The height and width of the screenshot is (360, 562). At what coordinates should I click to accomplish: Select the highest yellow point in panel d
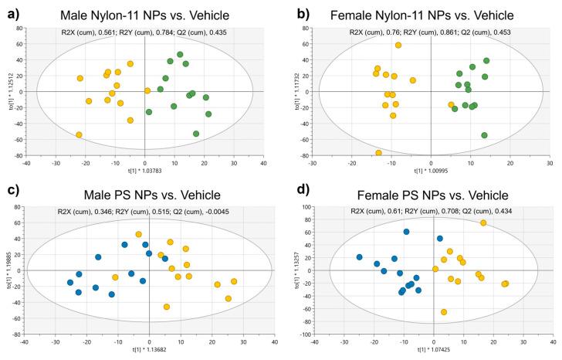click(x=483, y=223)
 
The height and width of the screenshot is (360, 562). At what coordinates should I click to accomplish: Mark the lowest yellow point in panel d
click(x=444, y=312)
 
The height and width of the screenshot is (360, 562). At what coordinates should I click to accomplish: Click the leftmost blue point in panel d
click(x=360, y=257)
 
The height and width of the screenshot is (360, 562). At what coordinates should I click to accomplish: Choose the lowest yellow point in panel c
click(x=167, y=307)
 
